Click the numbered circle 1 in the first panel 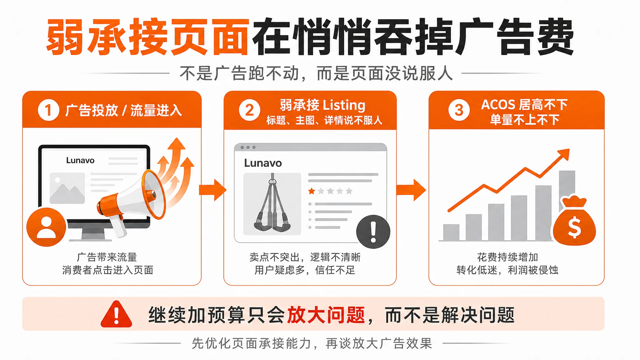coord(48,110)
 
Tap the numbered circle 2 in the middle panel coord(249,110)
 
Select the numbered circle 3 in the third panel coord(459,110)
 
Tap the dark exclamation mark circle coord(373,232)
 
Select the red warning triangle coord(116,314)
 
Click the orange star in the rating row coord(312,191)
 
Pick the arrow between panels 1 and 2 coord(213,190)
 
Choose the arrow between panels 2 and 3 coord(411,190)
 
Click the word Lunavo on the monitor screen coord(80,160)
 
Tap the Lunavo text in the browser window coord(263,163)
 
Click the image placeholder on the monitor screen coord(67,188)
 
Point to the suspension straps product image coord(272,204)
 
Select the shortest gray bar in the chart coord(451,232)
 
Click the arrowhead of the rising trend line coord(564,154)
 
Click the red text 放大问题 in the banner coord(326,315)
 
